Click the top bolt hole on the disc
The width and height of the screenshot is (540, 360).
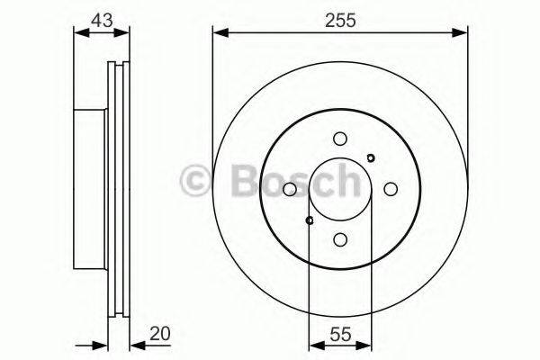[339, 139]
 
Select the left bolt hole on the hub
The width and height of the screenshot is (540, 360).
[289, 189]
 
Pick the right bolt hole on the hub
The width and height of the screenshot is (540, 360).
[391, 189]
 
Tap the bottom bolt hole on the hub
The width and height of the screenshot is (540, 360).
[339, 239]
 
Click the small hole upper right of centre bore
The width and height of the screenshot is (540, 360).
[370, 158]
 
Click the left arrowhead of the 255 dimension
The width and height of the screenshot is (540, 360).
[219, 33]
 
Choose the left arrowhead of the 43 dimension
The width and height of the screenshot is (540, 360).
[78, 33]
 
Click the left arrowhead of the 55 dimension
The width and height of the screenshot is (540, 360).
[314, 345]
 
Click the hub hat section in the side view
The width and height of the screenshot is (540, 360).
[90, 189]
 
